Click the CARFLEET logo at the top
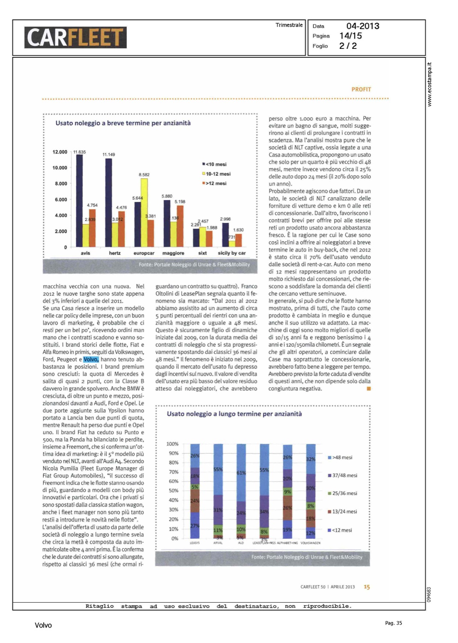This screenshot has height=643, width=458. click(x=75, y=37)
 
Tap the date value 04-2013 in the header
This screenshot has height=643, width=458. click(x=362, y=26)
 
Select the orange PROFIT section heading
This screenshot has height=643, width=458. click(x=361, y=90)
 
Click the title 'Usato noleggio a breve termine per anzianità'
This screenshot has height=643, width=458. click(x=123, y=123)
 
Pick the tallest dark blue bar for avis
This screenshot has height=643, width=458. click(x=79, y=200)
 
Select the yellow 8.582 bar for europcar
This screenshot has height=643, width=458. click(x=144, y=212)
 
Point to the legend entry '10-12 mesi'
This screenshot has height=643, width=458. click(x=218, y=174)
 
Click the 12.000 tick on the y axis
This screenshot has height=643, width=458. click(x=60, y=152)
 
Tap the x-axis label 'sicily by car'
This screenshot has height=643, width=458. click(x=231, y=253)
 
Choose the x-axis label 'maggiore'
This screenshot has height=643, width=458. click(x=173, y=253)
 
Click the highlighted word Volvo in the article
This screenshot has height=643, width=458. click(x=91, y=360)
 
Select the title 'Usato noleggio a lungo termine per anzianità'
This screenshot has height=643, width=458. click(x=234, y=414)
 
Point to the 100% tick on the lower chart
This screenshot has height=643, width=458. click(x=172, y=444)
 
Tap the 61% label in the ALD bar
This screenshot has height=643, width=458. click(x=241, y=473)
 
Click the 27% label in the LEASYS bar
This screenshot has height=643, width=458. click(x=195, y=526)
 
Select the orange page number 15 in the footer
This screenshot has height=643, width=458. click(x=367, y=587)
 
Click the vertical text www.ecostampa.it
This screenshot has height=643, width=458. click(x=430, y=84)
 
